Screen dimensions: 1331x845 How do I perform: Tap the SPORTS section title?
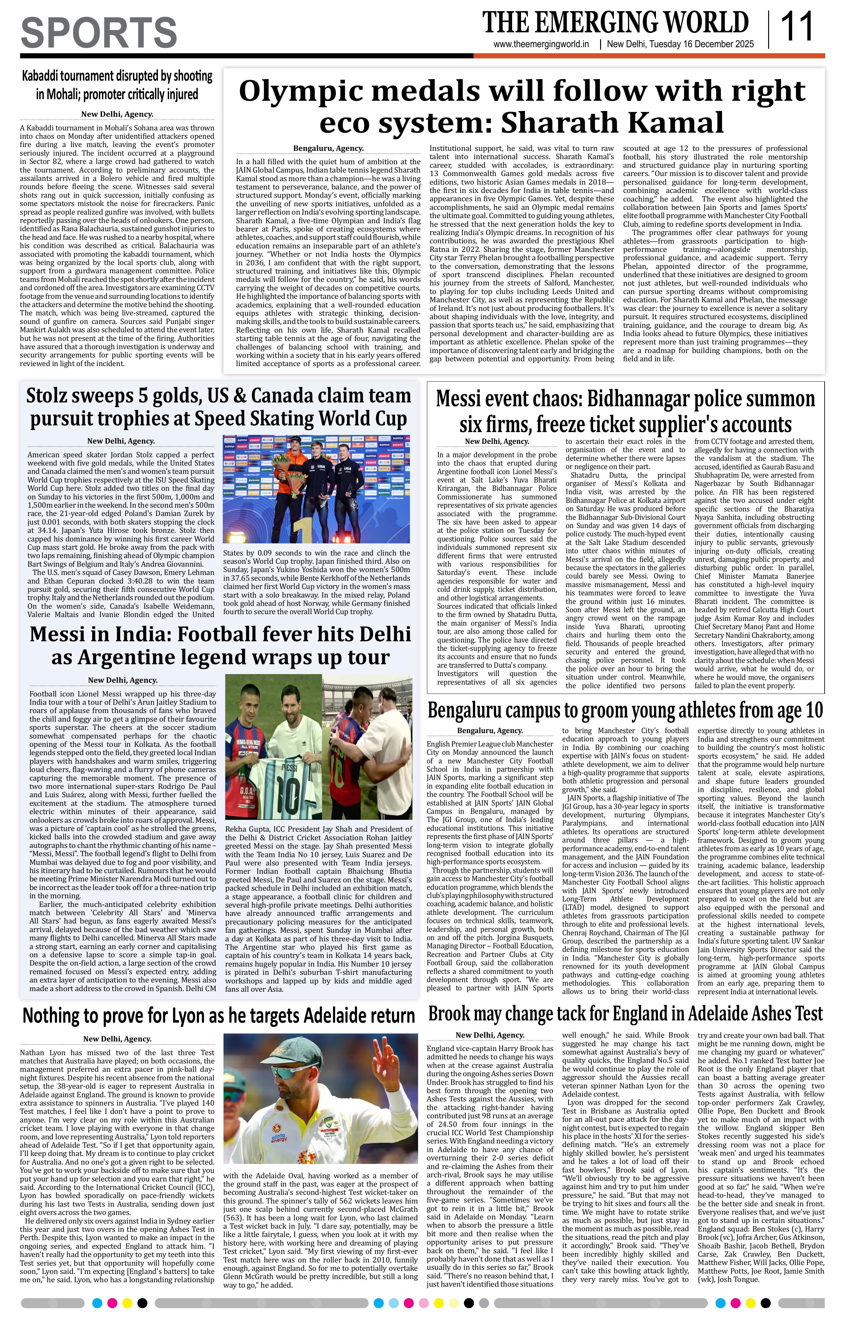click(99, 32)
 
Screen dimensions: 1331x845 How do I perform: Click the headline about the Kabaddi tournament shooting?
click(117, 85)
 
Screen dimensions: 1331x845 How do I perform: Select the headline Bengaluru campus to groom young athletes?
click(625, 710)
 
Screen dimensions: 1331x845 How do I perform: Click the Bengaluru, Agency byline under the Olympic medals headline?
click(328, 148)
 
